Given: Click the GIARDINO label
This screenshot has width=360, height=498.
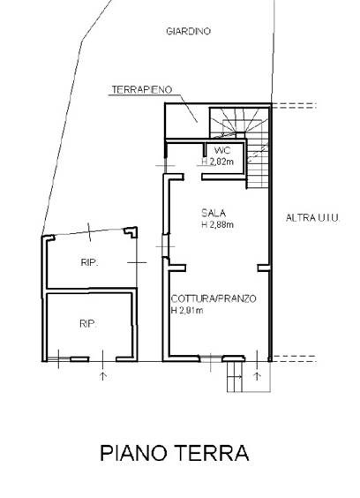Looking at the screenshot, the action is tap(188, 32).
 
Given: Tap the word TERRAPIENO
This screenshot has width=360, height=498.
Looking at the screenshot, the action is tap(141, 90).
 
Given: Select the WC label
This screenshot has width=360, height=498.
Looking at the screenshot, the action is tap(222, 150).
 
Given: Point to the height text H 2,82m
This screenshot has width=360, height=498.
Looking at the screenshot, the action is tap(218, 162).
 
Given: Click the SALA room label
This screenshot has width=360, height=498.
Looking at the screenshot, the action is tap(214, 213).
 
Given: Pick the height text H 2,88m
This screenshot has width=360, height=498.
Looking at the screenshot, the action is tap(218, 224).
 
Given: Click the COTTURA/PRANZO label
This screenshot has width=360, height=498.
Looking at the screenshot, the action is tap(214, 298).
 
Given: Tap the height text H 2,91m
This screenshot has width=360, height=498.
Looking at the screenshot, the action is tap(187, 310).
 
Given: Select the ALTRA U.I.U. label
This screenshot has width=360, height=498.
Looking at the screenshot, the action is tap(313, 218).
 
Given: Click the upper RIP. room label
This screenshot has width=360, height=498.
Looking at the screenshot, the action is tap(89, 262).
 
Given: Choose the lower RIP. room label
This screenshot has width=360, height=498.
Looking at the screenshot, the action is tap(88, 324).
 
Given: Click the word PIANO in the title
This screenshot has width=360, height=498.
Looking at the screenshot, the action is tap(133, 453).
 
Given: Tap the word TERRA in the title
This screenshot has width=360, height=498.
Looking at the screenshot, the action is tap(212, 453).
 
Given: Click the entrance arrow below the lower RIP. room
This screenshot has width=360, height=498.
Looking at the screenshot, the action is tap(103, 376).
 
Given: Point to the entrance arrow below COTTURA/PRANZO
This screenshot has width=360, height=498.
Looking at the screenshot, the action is tap(257, 376).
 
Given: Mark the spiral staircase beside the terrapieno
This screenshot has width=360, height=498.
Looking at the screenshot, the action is tap(240, 147).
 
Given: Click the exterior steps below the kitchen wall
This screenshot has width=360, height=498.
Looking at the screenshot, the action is tap(235, 377).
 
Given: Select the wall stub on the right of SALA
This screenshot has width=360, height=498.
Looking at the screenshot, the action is tap(264, 268).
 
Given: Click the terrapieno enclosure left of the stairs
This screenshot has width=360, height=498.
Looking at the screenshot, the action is tap(187, 121).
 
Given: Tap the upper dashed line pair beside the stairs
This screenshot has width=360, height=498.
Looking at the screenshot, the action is tap(294, 106).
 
